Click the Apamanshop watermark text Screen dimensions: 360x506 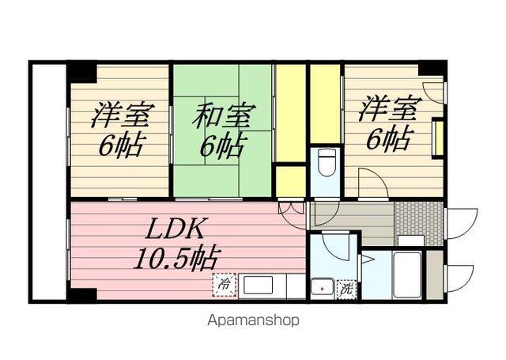coord(253,320)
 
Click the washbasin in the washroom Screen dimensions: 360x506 coord(322,286)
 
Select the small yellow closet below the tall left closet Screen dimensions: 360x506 coord(290,181)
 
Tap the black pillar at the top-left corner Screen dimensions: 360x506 coord(81,72)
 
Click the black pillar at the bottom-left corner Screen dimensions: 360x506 coord(80,294)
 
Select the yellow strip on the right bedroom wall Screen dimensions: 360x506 coord(436,140)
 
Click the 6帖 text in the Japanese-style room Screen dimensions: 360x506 coord(224,146)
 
